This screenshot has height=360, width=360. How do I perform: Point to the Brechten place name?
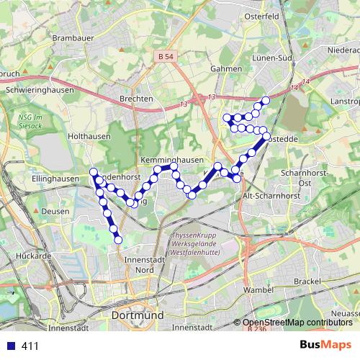tap(138, 99)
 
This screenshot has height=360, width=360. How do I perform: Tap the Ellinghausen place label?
tap(55, 179)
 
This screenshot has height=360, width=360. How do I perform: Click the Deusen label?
tap(56, 212)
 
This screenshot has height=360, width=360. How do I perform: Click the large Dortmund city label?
tap(138, 315)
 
